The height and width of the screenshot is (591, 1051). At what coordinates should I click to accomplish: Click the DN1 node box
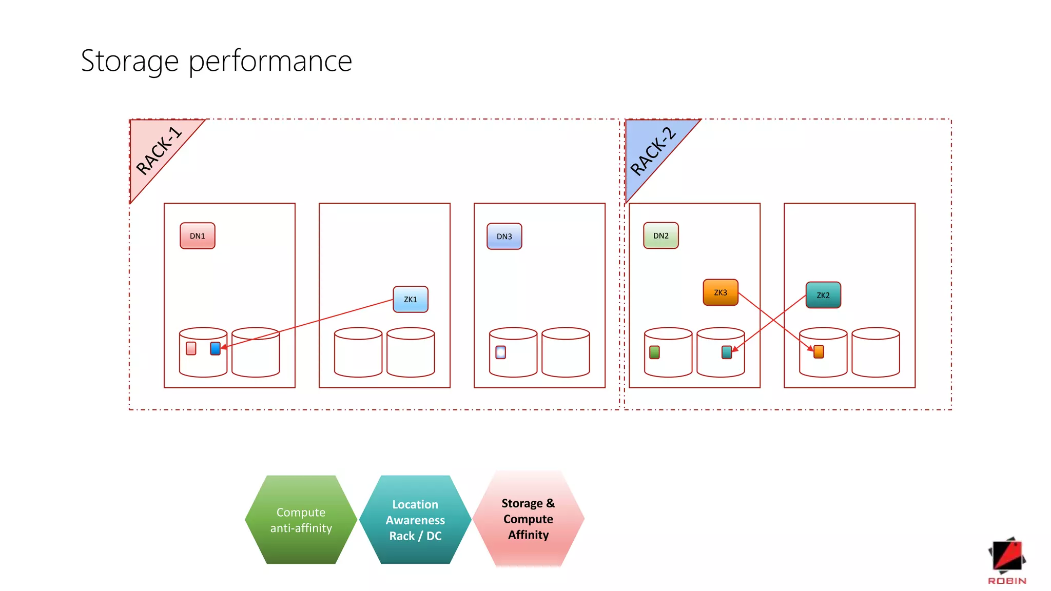(197, 236)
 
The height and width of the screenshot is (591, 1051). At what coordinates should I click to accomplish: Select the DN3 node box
(504, 237)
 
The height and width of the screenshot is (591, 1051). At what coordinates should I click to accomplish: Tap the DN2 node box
(660, 236)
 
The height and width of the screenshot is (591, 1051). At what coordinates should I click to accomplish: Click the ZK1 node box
(410, 300)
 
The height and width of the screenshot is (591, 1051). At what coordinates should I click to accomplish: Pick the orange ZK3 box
(720, 292)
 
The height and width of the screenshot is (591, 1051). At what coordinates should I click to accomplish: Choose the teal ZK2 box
(823, 295)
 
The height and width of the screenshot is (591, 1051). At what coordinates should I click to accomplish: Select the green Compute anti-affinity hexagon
(301, 520)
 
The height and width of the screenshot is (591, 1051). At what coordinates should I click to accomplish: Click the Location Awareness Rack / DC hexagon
(415, 520)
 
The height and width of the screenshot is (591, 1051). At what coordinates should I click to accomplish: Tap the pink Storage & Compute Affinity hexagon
(528, 519)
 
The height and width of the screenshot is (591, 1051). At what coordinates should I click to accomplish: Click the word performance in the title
(270, 62)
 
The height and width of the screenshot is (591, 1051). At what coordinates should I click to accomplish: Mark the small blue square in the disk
(216, 348)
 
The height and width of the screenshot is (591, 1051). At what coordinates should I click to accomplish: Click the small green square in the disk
(654, 352)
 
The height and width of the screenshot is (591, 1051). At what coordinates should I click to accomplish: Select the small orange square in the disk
(819, 351)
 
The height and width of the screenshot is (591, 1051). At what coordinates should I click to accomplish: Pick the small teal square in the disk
(726, 352)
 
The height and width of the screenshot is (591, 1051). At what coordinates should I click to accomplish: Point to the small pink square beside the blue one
(191, 348)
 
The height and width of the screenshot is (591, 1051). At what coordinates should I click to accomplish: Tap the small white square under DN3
(500, 352)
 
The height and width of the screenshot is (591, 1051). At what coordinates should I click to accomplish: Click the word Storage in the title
(129, 62)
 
